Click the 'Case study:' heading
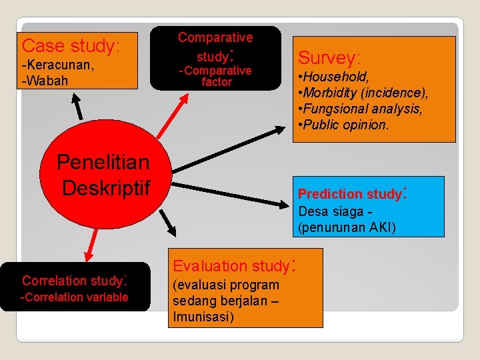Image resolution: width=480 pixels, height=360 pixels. click(x=71, y=46)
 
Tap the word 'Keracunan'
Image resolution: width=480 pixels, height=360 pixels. click(x=59, y=67)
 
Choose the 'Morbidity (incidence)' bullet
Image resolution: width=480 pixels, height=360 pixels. click(x=365, y=93)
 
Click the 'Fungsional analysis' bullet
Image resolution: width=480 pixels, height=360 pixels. click(x=361, y=108)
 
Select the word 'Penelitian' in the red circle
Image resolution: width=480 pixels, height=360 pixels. click(x=103, y=161)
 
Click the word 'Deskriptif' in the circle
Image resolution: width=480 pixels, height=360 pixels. click(x=105, y=187)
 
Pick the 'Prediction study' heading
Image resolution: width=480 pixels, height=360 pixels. click(x=349, y=194)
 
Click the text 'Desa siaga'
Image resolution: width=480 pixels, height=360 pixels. click(x=330, y=213)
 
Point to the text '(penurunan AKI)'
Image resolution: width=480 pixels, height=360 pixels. click(x=347, y=228)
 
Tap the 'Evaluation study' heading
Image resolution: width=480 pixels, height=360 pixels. click(x=231, y=266)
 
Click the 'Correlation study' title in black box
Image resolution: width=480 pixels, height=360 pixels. click(x=74, y=280)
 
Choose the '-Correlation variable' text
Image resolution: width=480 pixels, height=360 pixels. click(x=74, y=297)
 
